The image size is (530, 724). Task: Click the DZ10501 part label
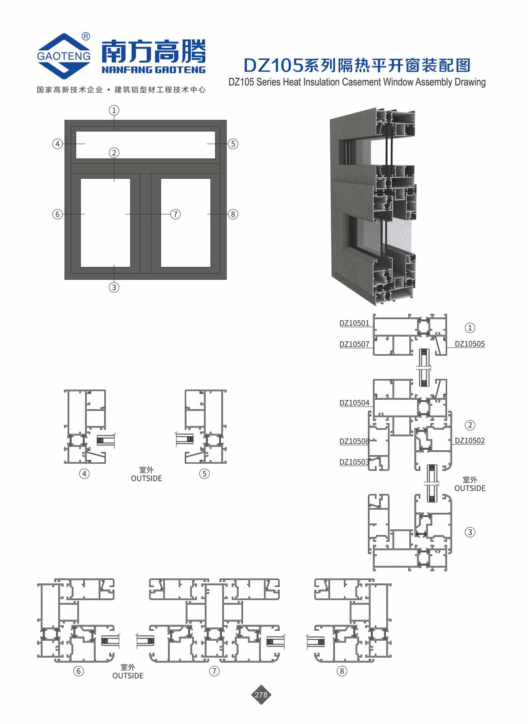coord(354,323)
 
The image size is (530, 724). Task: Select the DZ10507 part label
coord(354,344)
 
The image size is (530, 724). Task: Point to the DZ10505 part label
coord(470,344)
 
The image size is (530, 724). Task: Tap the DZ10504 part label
coord(354,403)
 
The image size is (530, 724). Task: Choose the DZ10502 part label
coord(470,441)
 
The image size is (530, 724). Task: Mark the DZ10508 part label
coord(354,441)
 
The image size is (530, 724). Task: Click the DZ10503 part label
coord(354,462)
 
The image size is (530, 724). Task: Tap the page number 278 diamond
coord(261,695)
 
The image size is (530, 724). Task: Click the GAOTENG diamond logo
coord(64,56)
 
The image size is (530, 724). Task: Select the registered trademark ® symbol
coord(86,37)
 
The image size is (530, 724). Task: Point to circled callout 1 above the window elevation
coord(114,110)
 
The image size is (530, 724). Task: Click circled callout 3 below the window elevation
coord(114,287)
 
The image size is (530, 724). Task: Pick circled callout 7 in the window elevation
coord(175,214)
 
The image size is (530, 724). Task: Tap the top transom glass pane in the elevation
coord(146,145)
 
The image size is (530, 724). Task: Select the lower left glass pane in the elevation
coord(105,222)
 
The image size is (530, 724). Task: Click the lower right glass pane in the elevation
coord(185,222)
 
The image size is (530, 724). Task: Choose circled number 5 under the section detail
coord(204,474)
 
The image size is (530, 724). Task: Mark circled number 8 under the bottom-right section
coord(342,671)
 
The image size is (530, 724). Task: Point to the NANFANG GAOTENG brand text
coord(153,70)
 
